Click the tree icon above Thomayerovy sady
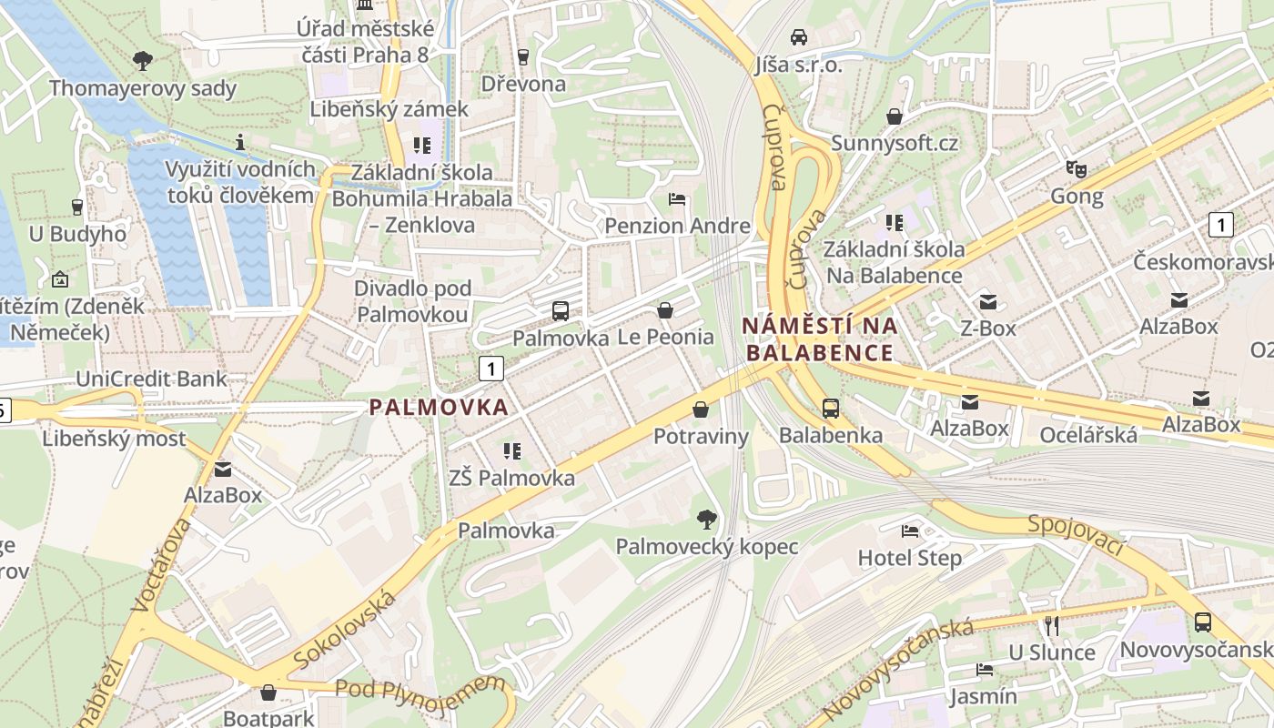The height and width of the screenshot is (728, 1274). pos(142,61)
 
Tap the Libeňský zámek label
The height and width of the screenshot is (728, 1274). pos(389,109)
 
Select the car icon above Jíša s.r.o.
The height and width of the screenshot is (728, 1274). pos(799,37)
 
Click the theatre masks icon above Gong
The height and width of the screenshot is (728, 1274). pos(1077,168)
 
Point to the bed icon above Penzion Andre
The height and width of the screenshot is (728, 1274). pos(677,199)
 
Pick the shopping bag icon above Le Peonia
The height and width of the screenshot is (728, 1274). pos(665,310)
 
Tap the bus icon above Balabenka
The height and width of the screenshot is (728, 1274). pos(830,408)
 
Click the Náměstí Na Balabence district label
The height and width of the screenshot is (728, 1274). pos(820,339)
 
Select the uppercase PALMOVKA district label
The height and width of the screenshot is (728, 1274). pos(439,408)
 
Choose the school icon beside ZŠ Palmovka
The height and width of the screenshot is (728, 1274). pos(511,450)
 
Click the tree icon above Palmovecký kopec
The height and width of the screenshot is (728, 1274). pos(705,520)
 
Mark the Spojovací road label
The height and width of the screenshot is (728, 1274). pos(1077,536)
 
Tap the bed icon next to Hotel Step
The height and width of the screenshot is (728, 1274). pos(909,531)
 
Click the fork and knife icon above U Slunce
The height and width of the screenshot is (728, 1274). pos(1051,625)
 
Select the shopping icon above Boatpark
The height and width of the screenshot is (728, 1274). pos(268,693)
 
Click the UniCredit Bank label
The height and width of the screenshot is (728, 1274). pos(152,379)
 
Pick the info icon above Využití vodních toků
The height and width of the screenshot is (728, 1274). pos(240,142)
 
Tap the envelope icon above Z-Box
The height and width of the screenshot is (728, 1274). pos(987,301)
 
